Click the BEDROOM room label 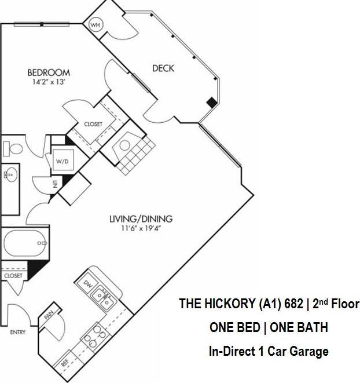click(49, 72)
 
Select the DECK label click(163, 68)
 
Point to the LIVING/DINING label click(141, 219)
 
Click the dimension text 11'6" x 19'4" click(141, 228)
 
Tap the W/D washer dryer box click(61, 161)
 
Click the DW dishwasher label click(88, 284)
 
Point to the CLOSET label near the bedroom click(93, 124)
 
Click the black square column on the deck click(212, 103)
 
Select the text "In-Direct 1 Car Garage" click(269, 351)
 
